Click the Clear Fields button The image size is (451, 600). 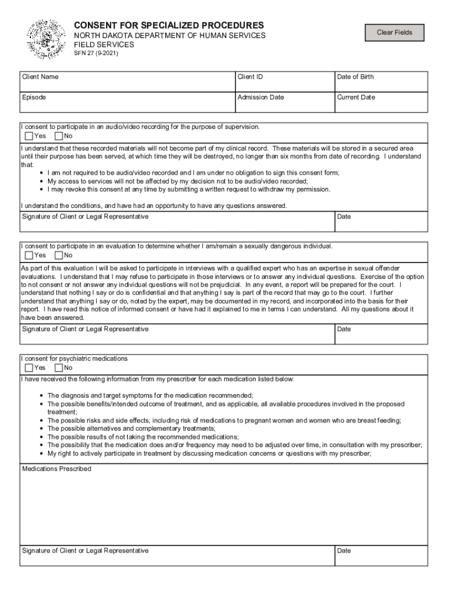[x=394, y=33]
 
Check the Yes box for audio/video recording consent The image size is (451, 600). [x=29, y=137]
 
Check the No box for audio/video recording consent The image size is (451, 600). [x=59, y=137]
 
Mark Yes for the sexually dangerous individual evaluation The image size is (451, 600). [x=29, y=255]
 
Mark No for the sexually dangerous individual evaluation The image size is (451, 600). [x=59, y=255]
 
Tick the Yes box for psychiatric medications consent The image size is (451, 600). [x=29, y=368]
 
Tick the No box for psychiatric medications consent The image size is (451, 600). [x=59, y=368]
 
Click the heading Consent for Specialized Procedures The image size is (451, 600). [x=168, y=26]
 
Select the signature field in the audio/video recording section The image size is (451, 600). [x=176, y=223]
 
